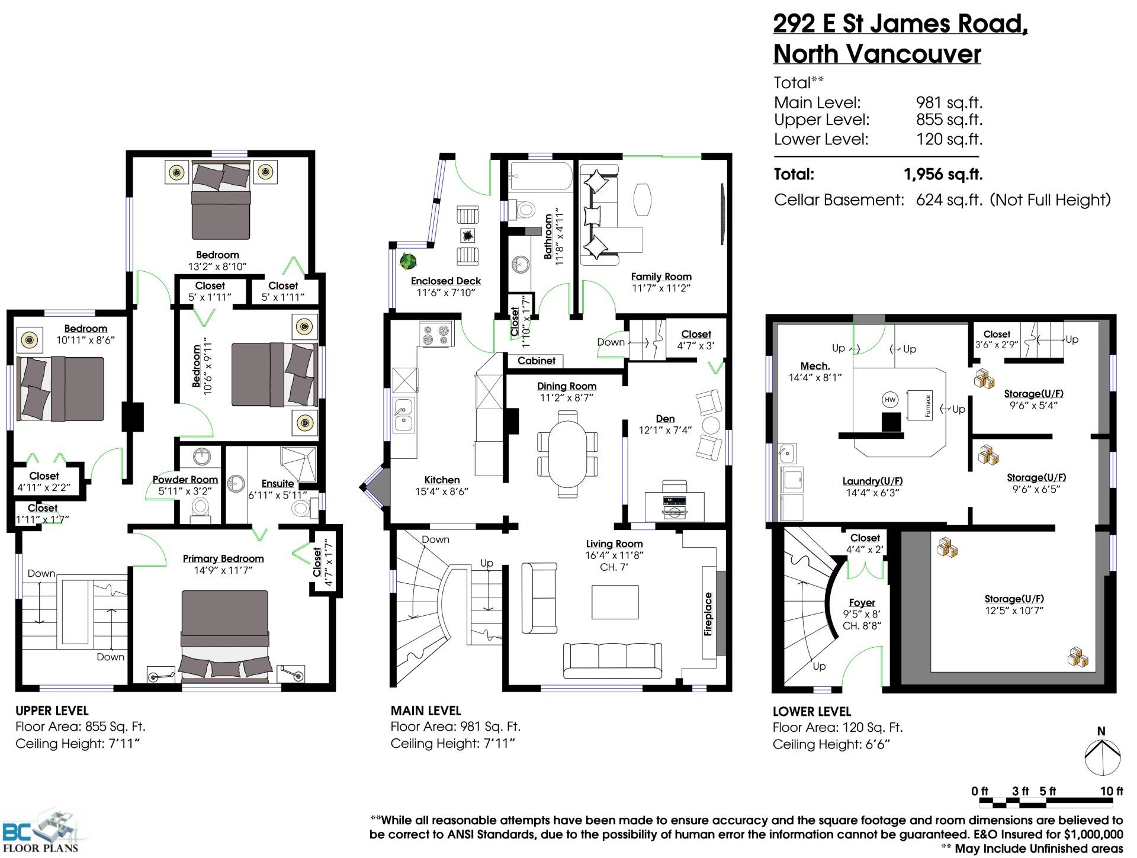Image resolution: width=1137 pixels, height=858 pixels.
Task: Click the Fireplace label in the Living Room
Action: click(708, 613)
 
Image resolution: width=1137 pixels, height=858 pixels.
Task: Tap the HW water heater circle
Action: click(890, 400)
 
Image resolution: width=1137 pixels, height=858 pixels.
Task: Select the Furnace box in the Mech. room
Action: click(919, 405)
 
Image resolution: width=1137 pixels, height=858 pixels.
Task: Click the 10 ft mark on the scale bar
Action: click(1112, 791)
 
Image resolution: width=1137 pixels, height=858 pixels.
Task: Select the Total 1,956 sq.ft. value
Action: click(943, 175)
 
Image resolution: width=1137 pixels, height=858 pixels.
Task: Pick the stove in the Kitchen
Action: click(435, 334)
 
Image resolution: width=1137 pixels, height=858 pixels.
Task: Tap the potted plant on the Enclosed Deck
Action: click(408, 261)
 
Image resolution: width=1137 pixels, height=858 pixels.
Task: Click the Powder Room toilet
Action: click(200, 509)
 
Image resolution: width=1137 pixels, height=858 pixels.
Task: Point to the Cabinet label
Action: click(537, 361)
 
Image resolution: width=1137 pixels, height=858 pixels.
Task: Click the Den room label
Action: click(666, 419)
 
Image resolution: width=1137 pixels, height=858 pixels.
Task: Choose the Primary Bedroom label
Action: click(223, 558)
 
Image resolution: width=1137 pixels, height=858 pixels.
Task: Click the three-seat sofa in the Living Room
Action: click(612, 660)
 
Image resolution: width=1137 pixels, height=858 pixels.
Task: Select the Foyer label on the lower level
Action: click(862, 602)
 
